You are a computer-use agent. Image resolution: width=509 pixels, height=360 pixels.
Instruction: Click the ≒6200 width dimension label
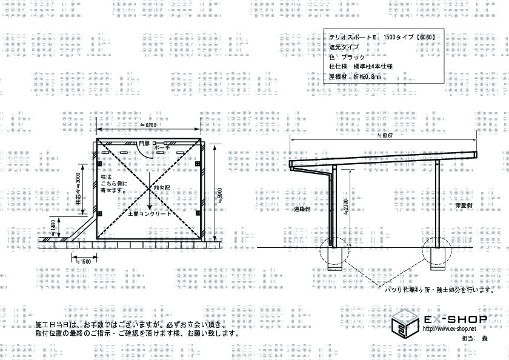[148, 125]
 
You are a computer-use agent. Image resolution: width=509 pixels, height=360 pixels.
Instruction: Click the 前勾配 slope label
[162, 188]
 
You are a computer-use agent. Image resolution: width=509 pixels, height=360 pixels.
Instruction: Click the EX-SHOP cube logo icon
[403, 322]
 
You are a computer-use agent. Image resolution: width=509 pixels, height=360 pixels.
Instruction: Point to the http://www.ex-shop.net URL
[449, 328]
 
